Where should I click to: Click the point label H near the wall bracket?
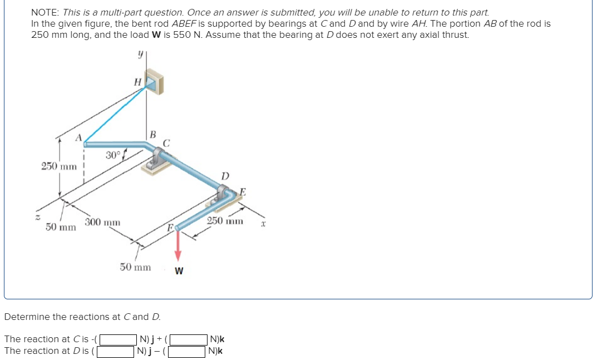(x=138, y=82)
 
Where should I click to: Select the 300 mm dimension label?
(x=102, y=223)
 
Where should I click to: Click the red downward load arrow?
(x=178, y=244)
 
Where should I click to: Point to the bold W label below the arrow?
(x=179, y=272)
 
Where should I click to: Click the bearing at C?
(x=160, y=156)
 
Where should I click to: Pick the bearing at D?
(x=226, y=196)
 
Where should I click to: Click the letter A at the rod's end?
(x=79, y=137)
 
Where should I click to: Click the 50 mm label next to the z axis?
(x=61, y=227)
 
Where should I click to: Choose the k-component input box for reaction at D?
(x=187, y=351)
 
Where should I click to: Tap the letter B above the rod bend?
(x=153, y=134)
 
